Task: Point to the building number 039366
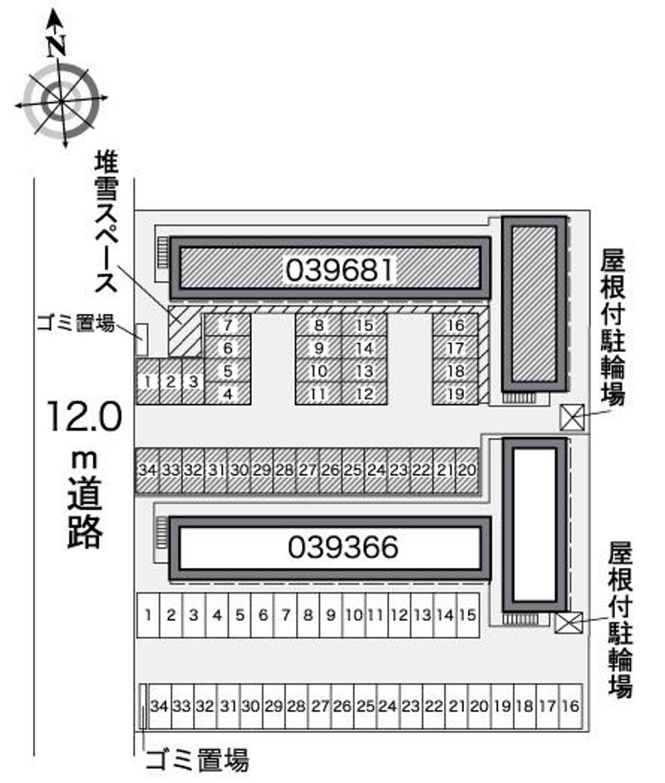[343, 547]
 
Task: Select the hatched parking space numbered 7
[227, 325]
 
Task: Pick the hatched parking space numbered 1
[147, 382]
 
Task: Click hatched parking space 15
[364, 325]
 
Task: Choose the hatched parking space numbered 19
[455, 394]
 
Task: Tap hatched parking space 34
[147, 470]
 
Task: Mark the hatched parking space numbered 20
[467, 470]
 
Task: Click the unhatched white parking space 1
[147, 615]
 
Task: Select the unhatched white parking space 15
[467, 615]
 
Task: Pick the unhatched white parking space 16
[569, 707]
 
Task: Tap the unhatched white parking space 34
[160, 707]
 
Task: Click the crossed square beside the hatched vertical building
[572, 417]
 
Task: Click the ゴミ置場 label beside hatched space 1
[75, 324]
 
